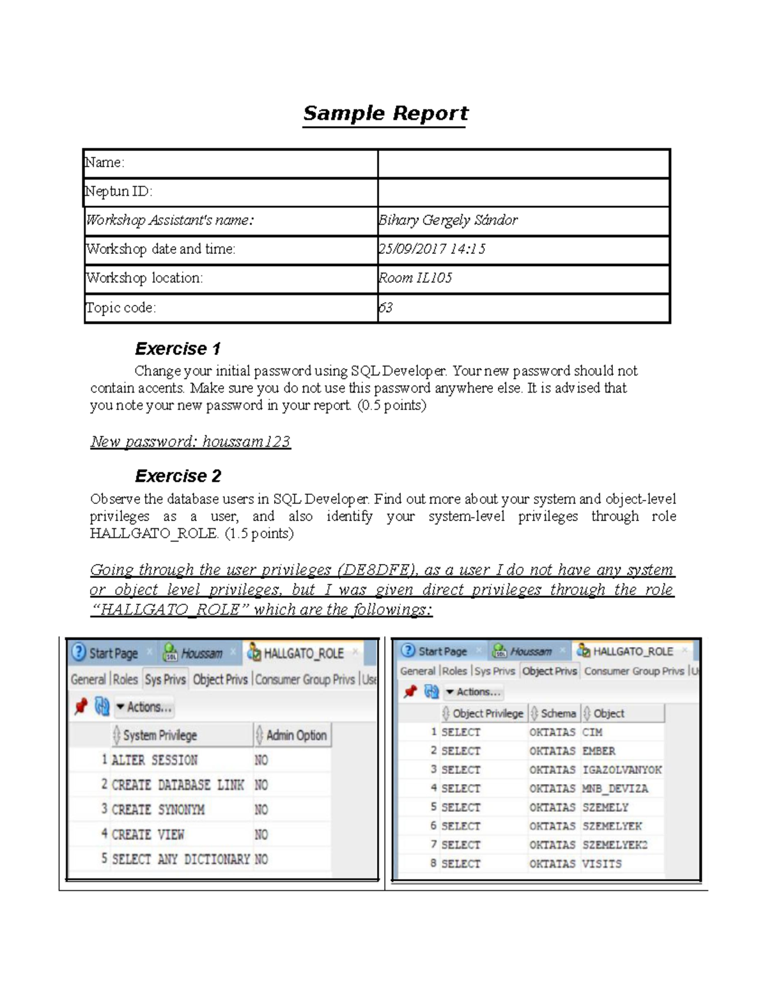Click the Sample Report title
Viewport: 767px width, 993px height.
point(385,114)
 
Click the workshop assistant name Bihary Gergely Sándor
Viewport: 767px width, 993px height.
point(447,221)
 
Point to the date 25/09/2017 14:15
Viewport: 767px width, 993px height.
point(432,249)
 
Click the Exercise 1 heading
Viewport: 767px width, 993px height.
point(178,349)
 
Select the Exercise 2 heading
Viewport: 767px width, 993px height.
point(178,476)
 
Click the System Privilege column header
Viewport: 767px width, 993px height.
point(160,735)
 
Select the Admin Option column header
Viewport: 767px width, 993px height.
point(296,735)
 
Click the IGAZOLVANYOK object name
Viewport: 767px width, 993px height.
point(622,770)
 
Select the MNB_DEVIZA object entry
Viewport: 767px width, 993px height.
point(615,789)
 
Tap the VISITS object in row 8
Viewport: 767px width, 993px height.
point(601,864)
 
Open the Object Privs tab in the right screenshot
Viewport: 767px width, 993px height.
point(549,671)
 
